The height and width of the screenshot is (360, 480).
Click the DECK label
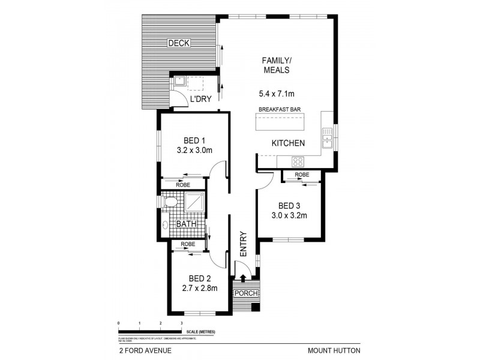pyautogui.click(x=179, y=43)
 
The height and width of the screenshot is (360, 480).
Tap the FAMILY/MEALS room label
pyautogui.click(x=276, y=65)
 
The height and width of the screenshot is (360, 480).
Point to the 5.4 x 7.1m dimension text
pyautogui.click(x=276, y=94)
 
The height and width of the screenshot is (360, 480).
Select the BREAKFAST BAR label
pyautogui.click(x=280, y=109)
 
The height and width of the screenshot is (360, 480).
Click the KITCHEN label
pyautogui.click(x=289, y=143)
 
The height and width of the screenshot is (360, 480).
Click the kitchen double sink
pyautogui.click(x=327, y=139)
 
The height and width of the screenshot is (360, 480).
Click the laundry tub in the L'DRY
pyautogui.click(x=179, y=82)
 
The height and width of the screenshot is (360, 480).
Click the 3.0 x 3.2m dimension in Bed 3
pyautogui.click(x=289, y=215)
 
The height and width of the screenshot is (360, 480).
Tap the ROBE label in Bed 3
pyautogui.click(x=302, y=175)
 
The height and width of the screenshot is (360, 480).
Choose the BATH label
pyautogui.click(x=186, y=224)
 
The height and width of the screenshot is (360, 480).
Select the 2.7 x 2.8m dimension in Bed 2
pyautogui.click(x=199, y=288)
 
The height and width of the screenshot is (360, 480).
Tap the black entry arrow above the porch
pyautogui.click(x=242, y=278)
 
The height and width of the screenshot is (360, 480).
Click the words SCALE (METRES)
pyautogui.click(x=200, y=331)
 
